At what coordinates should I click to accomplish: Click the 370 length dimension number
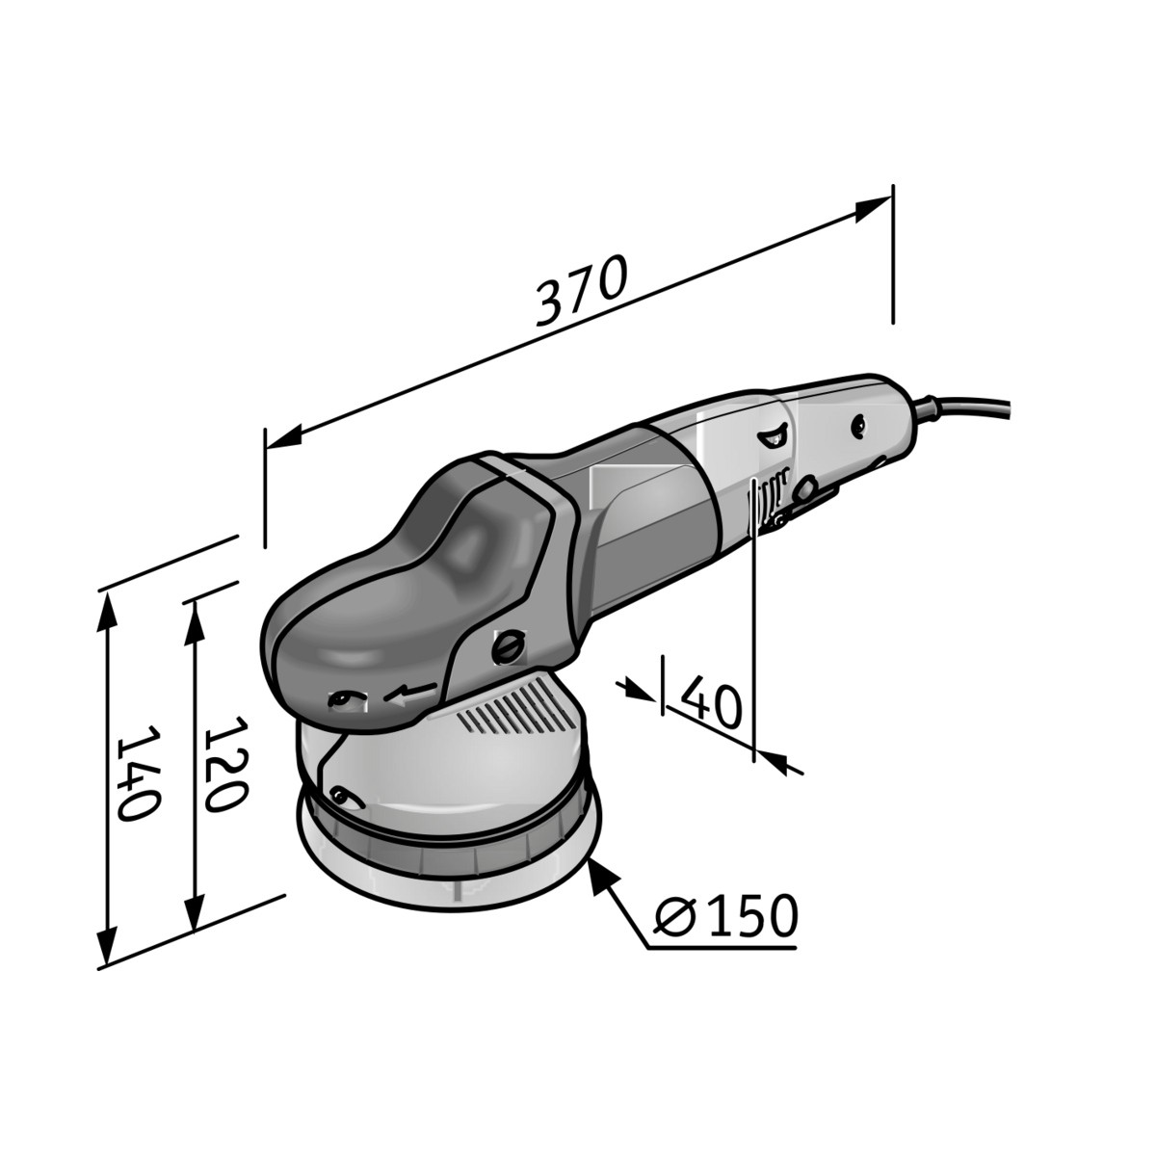tap(581, 290)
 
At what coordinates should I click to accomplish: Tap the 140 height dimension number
tap(138, 774)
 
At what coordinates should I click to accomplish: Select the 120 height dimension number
tap(225, 764)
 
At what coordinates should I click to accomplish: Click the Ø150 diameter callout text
tap(725, 916)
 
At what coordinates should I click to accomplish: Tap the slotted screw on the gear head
tap(508, 646)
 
